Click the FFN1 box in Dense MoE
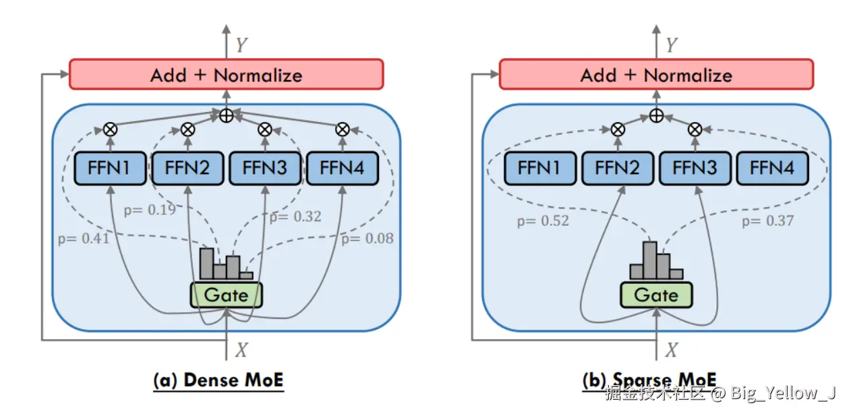(x=109, y=167)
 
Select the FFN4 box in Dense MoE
(x=343, y=167)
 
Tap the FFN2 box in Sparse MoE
(x=616, y=168)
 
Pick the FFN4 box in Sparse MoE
(x=771, y=168)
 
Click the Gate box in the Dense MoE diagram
(x=226, y=295)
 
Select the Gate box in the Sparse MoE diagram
(x=656, y=295)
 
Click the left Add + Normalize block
(x=226, y=75)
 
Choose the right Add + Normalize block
(x=655, y=75)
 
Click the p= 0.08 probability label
(x=367, y=238)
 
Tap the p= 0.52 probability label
(x=543, y=220)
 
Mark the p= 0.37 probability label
(x=767, y=220)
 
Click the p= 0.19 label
(x=149, y=210)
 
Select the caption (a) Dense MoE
(x=219, y=380)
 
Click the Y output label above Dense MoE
(x=241, y=45)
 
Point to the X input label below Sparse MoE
(x=671, y=350)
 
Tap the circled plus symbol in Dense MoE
(x=226, y=115)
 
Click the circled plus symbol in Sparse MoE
(x=656, y=115)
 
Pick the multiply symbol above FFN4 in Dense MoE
(x=343, y=129)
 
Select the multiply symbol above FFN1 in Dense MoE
(x=109, y=129)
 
